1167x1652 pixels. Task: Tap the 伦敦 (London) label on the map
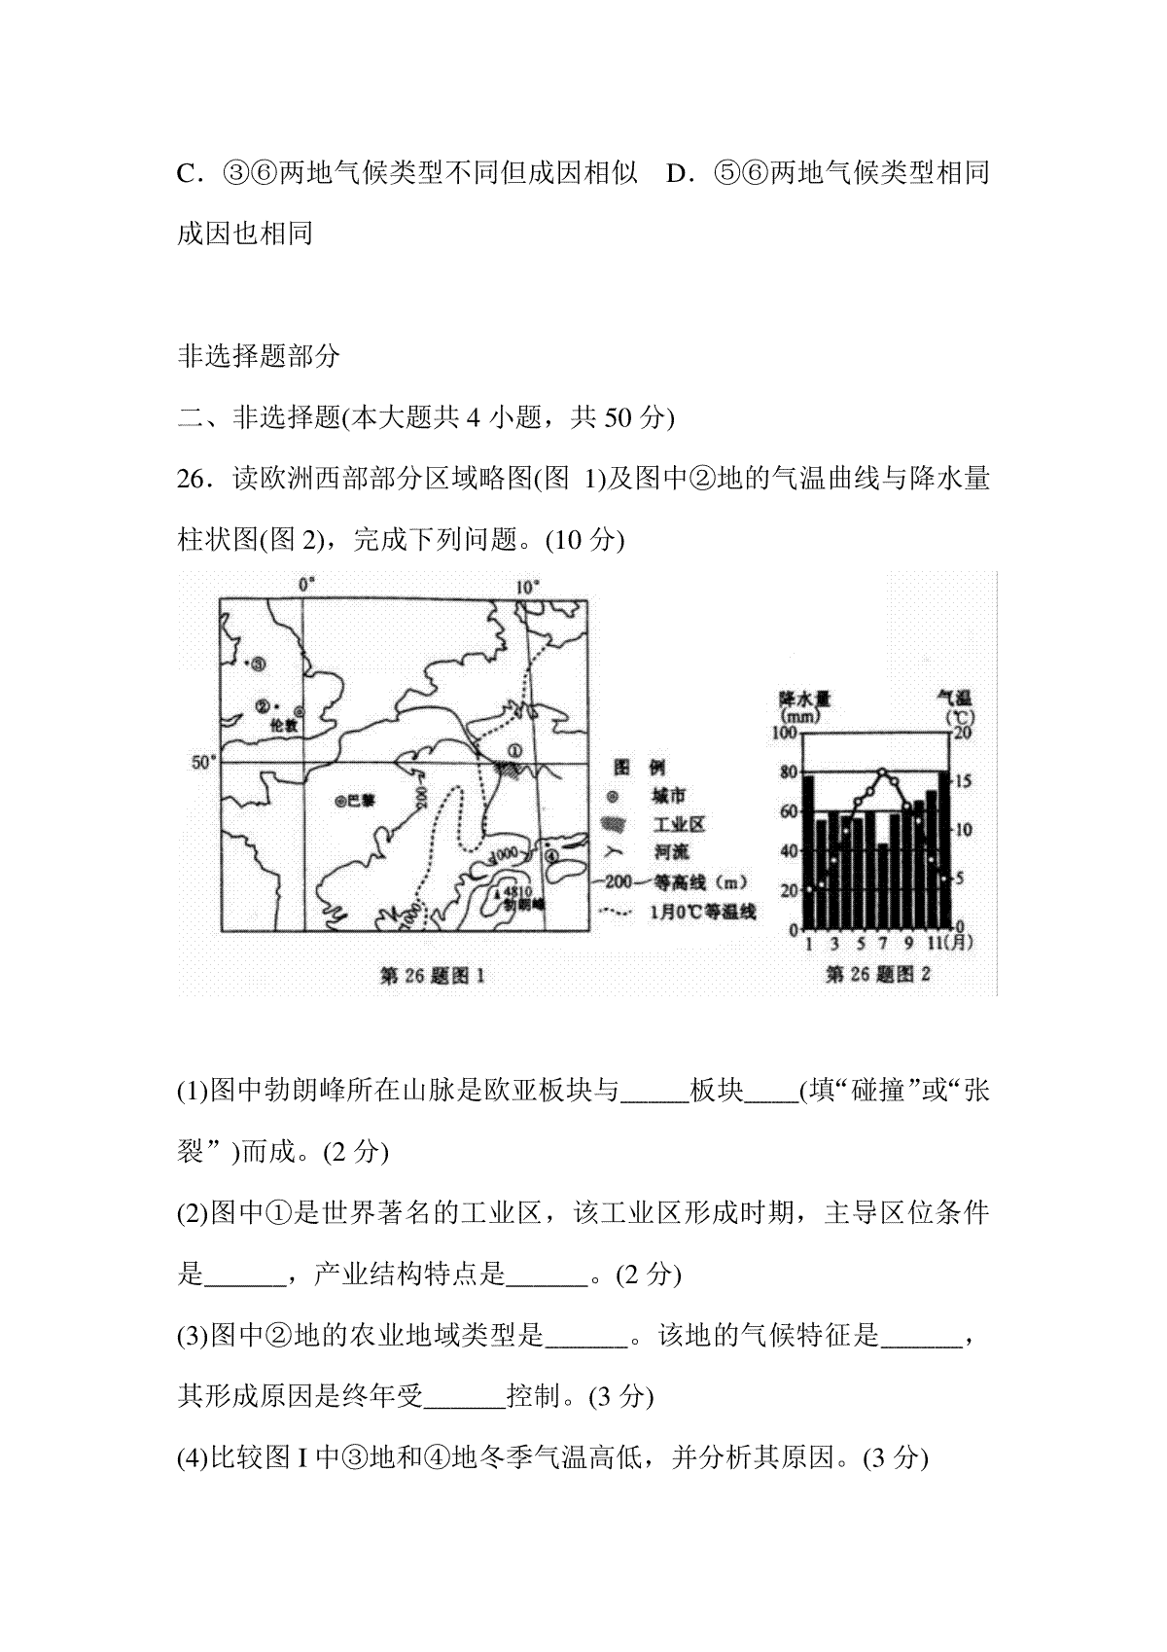(280, 725)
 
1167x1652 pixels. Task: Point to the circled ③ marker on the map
(259, 664)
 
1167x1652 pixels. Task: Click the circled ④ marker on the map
(551, 855)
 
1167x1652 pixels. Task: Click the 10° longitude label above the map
(527, 587)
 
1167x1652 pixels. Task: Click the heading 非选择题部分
(259, 356)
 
